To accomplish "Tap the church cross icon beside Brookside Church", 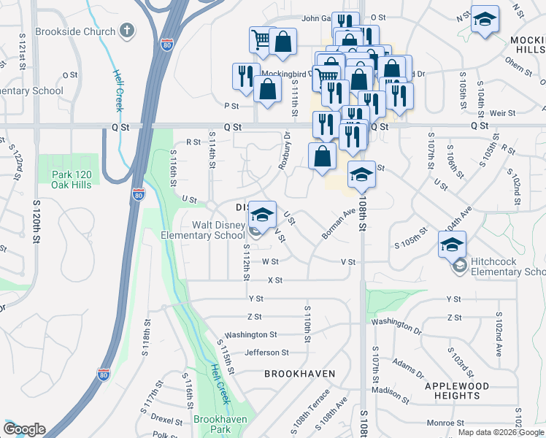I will coord(128,31).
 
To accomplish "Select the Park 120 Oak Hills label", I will coord(72,180).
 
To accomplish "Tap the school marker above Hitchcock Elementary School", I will coord(452,244).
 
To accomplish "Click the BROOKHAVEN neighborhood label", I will coord(299,374).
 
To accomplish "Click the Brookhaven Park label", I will coord(220,425).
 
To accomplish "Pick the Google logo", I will coord(24,429).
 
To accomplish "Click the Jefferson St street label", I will coord(267,353).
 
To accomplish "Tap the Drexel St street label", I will coord(166,420).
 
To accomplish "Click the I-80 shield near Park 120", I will coord(139,194).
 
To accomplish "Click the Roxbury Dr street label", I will coord(284,150).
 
